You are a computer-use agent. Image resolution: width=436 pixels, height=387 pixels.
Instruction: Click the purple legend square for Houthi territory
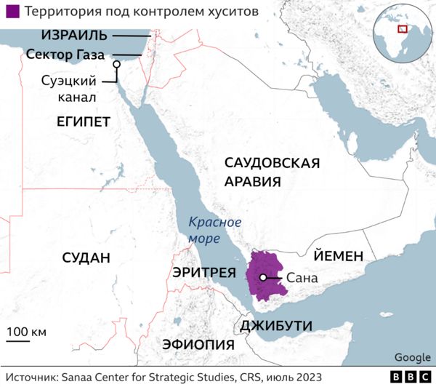(x=12, y=13)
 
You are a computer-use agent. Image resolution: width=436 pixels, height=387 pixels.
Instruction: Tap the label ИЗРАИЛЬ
(x=74, y=35)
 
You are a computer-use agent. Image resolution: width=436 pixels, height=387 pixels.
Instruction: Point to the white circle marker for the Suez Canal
(x=116, y=65)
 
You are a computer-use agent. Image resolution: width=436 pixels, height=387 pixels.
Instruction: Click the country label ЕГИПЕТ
(x=84, y=121)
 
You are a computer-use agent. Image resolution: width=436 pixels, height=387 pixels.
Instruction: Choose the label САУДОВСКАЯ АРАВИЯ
(x=272, y=172)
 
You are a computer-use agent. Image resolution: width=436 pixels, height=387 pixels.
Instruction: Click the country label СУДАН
(x=86, y=258)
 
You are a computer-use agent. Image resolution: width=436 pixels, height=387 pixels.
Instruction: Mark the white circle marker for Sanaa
(x=262, y=277)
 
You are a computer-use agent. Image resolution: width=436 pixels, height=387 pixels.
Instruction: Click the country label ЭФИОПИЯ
(x=198, y=344)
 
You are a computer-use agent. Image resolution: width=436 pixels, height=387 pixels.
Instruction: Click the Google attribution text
(x=411, y=357)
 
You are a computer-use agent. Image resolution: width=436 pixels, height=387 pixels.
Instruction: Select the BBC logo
(x=410, y=377)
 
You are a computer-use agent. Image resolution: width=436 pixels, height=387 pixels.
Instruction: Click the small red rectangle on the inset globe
(x=401, y=30)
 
